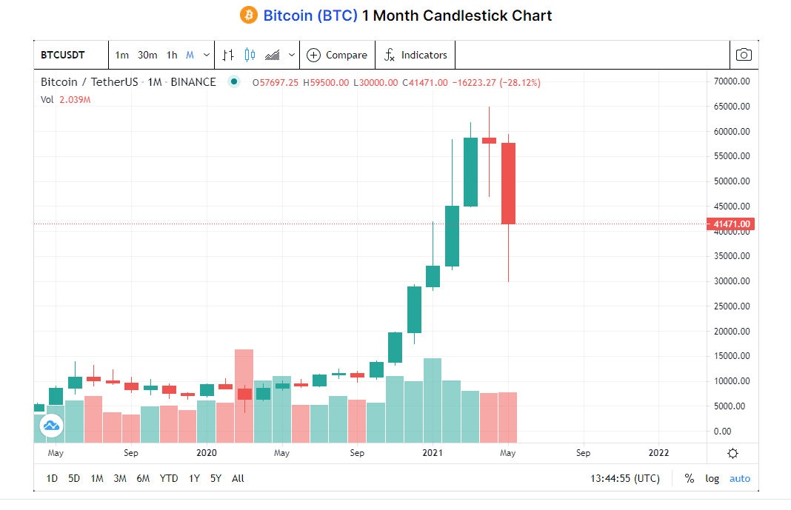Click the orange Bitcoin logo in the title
coord(248,15)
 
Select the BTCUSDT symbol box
coord(62,55)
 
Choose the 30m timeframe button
coord(147,55)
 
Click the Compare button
coord(337,55)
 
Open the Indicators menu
coord(415,55)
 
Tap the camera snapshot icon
coord(744,55)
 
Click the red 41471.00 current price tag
coord(731,224)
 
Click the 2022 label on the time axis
coord(658,452)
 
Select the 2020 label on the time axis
coord(207,452)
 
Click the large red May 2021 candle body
coord(508,183)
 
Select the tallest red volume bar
coord(244,395)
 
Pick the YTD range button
coord(169,478)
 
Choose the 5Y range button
coord(216,478)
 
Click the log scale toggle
coord(712,478)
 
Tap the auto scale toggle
coord(739,478)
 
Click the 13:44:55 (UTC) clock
coord(624,478)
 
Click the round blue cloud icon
coord(51,425)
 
